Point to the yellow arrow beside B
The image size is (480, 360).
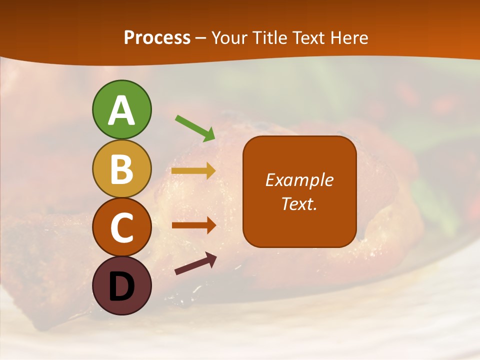[x=194, y=171]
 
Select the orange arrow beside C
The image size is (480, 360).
[x=194, y=225]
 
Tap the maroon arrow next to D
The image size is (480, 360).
[x=195, y=264]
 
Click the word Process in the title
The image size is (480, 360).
[x=157, y=38]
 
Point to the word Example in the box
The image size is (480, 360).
[x=299, y=180]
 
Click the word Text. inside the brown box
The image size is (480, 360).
[x=299, y=204]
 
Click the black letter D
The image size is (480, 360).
[x=121, y=286]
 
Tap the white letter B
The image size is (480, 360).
[x=121, y=169]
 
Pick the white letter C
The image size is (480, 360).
[x=121, y=227]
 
